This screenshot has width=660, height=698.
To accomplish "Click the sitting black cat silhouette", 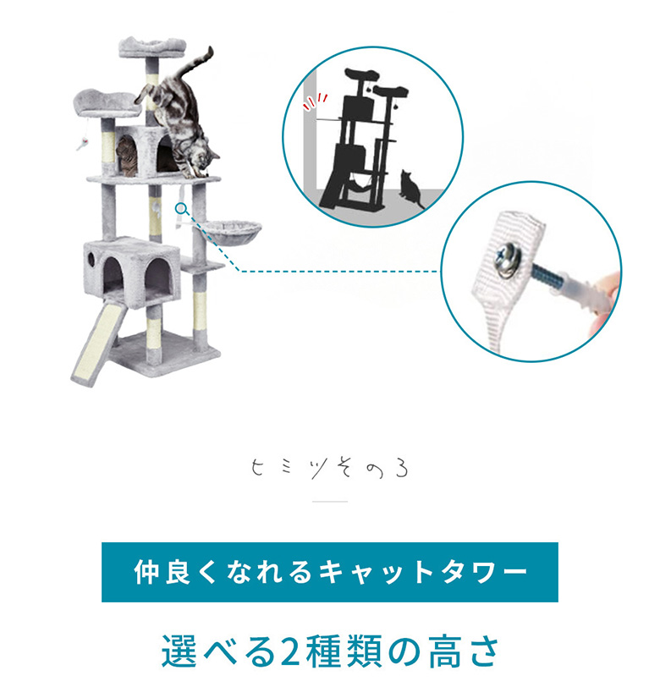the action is click(x=411, y=190).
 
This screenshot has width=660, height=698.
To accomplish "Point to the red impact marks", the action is click(x=314, y=102).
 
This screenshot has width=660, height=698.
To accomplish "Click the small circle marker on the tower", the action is click(x=180, y=208).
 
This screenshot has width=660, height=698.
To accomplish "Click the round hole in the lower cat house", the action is click(x=91, y=259).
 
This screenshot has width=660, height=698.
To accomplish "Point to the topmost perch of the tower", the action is click(x=151, y=47).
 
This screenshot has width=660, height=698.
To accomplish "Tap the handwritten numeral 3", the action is click(x=401, y=470).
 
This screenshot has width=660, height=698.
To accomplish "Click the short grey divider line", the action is click(x=329, y=502).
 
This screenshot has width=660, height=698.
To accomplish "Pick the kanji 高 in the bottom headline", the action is click(x=445, y=651).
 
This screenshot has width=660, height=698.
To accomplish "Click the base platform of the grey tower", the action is click(x=165, y=353).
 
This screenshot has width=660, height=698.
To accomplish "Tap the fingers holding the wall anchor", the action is click(x=606, y=303).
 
